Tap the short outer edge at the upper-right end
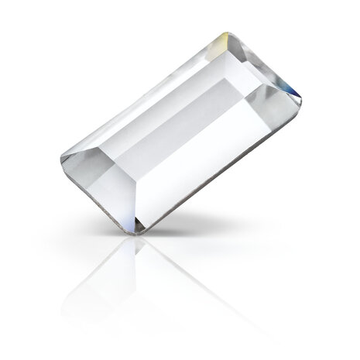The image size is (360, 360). coord(267,67)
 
